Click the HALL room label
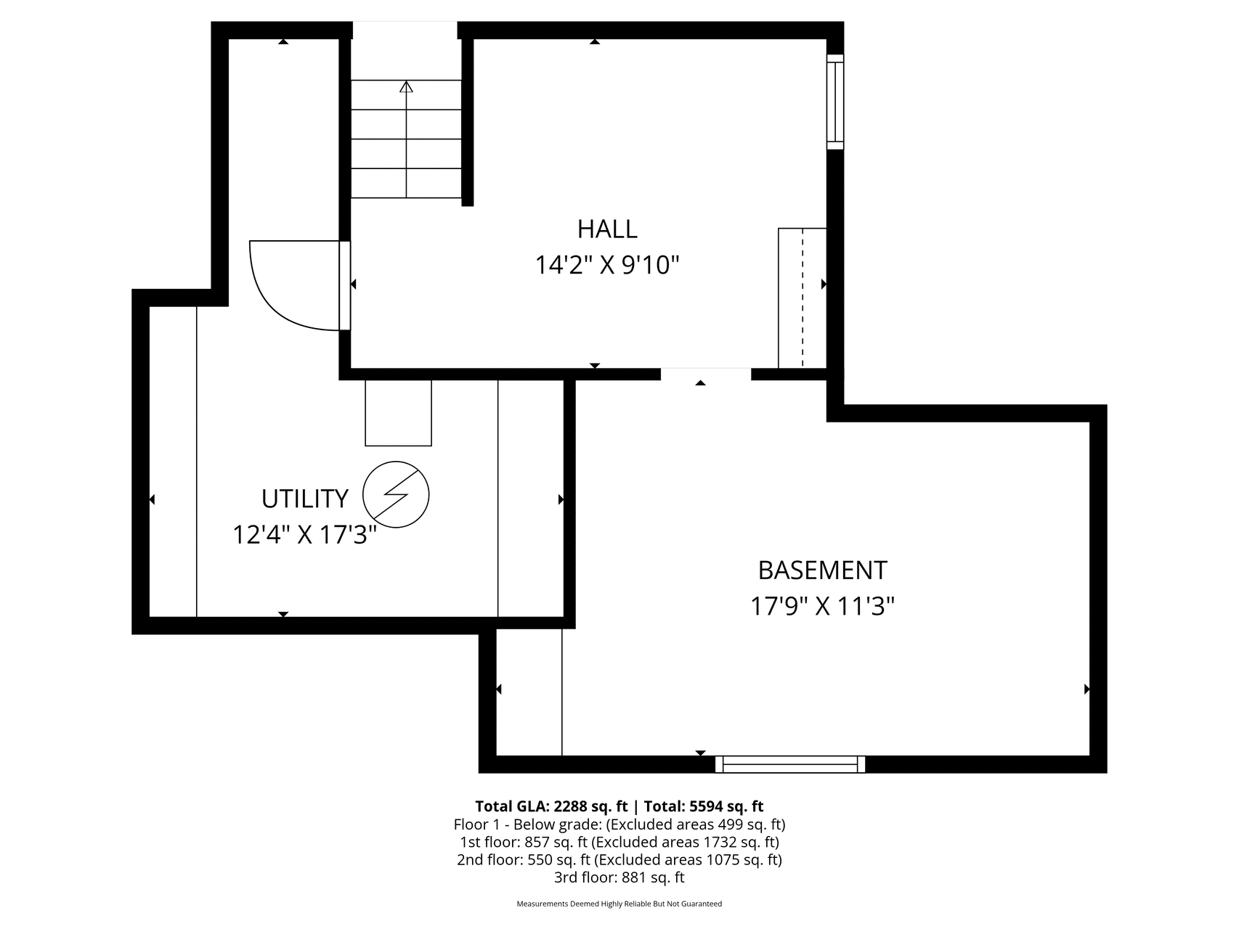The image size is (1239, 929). pyautogui.click(x=607, y=229)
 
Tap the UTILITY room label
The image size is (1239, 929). pyautogui.click(x=305, y=499)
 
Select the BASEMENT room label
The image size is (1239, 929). pyautogui.click(x=822, y=570)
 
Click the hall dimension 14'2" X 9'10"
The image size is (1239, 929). pyautogui.click(x=607, y=266)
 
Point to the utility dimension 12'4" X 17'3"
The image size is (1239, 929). pyautogui.click(x=305, y=536)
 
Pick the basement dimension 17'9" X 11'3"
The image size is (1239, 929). pyautogui.click(x=822, y=606)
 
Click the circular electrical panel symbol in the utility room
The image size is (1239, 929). pyautogui.click(x=396, y=495)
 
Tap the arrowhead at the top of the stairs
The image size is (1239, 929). pyautogui.click(x=406, y=86)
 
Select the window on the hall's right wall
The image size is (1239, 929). pyautogui.click(x=835, y=102)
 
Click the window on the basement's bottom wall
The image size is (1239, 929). pyautogui.click(x=790, y=764)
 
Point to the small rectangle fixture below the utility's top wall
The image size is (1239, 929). pyautogui.click(x=398, y=412)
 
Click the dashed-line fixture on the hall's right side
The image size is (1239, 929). pyautogui.click(x=803, y=298)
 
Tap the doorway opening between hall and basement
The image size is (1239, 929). pyautogui.click(x=706, y=375)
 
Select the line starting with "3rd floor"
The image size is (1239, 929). pyautogui.click(x=619, y=877)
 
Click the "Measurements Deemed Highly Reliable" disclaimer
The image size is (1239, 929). pyautogui.click(x=619, y=904)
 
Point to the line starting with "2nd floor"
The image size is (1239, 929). pyautogui.click(x=619, y=860)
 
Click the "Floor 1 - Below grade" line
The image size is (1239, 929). pyautogui.click(x=619, y=824)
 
